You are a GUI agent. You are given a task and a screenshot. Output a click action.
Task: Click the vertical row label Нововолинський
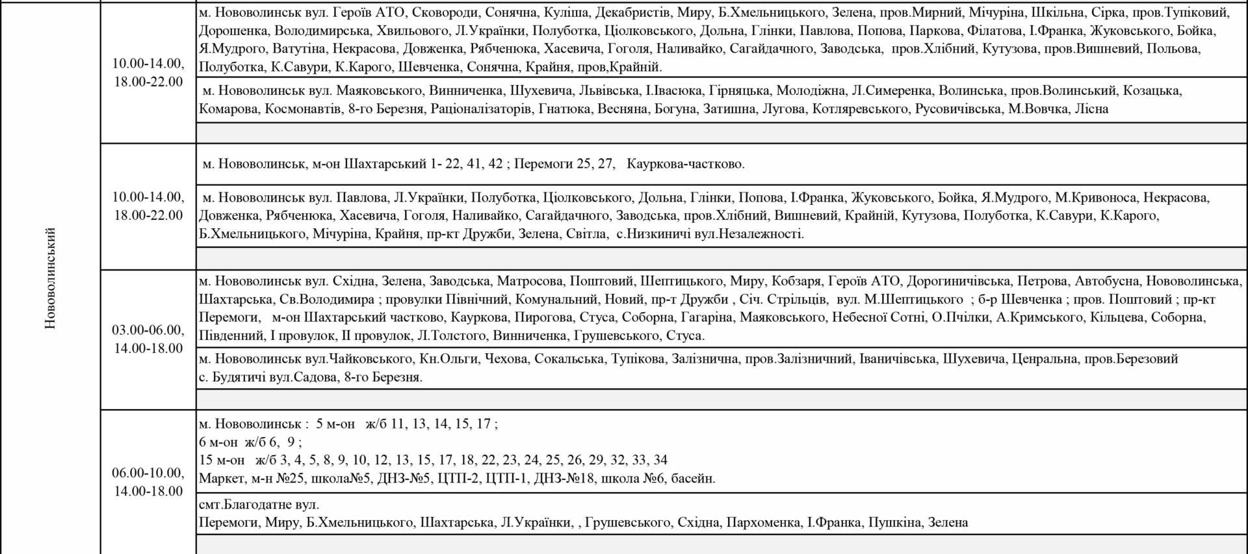[x=51, y=278]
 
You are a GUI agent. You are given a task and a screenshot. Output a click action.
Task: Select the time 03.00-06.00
[x=148, y=330]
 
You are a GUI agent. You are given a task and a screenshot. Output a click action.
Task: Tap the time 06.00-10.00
[x=148, y=473]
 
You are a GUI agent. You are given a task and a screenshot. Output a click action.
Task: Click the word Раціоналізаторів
[x=481, y=109]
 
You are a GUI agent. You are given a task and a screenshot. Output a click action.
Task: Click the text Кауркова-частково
[x=686, y=164]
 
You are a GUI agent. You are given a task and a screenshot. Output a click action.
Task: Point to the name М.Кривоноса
[x=1096, y=198]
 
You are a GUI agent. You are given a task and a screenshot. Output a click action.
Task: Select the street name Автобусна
[x=1107, y=281]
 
